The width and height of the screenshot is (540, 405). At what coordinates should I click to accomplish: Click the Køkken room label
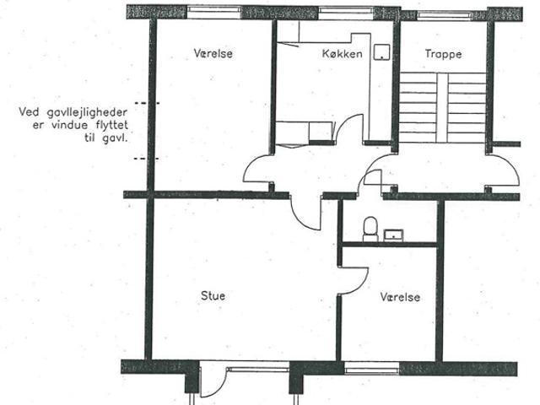[342, 54]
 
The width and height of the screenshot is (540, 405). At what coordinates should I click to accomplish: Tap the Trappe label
[443, 54]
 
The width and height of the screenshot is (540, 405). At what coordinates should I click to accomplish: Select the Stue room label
[213, 295]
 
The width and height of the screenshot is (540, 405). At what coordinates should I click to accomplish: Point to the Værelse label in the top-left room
[213, 53]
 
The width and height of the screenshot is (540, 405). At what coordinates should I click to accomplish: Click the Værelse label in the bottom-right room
[400, 297]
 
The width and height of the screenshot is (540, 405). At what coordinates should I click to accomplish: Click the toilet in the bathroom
[370, 229]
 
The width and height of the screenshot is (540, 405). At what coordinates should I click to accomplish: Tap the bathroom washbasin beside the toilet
[394, 235]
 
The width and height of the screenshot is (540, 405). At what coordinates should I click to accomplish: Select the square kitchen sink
[382, 52]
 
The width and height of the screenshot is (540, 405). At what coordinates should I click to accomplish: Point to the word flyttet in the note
[112, 125]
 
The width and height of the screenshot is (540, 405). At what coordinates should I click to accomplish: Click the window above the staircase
[444, 15]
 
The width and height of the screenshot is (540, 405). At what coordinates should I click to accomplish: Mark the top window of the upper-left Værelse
[215, 13]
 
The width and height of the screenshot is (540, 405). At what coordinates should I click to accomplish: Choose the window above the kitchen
[346, 13]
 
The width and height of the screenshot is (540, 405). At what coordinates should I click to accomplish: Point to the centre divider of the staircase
[442, 107]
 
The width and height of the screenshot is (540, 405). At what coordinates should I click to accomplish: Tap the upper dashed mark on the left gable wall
[147, 103]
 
